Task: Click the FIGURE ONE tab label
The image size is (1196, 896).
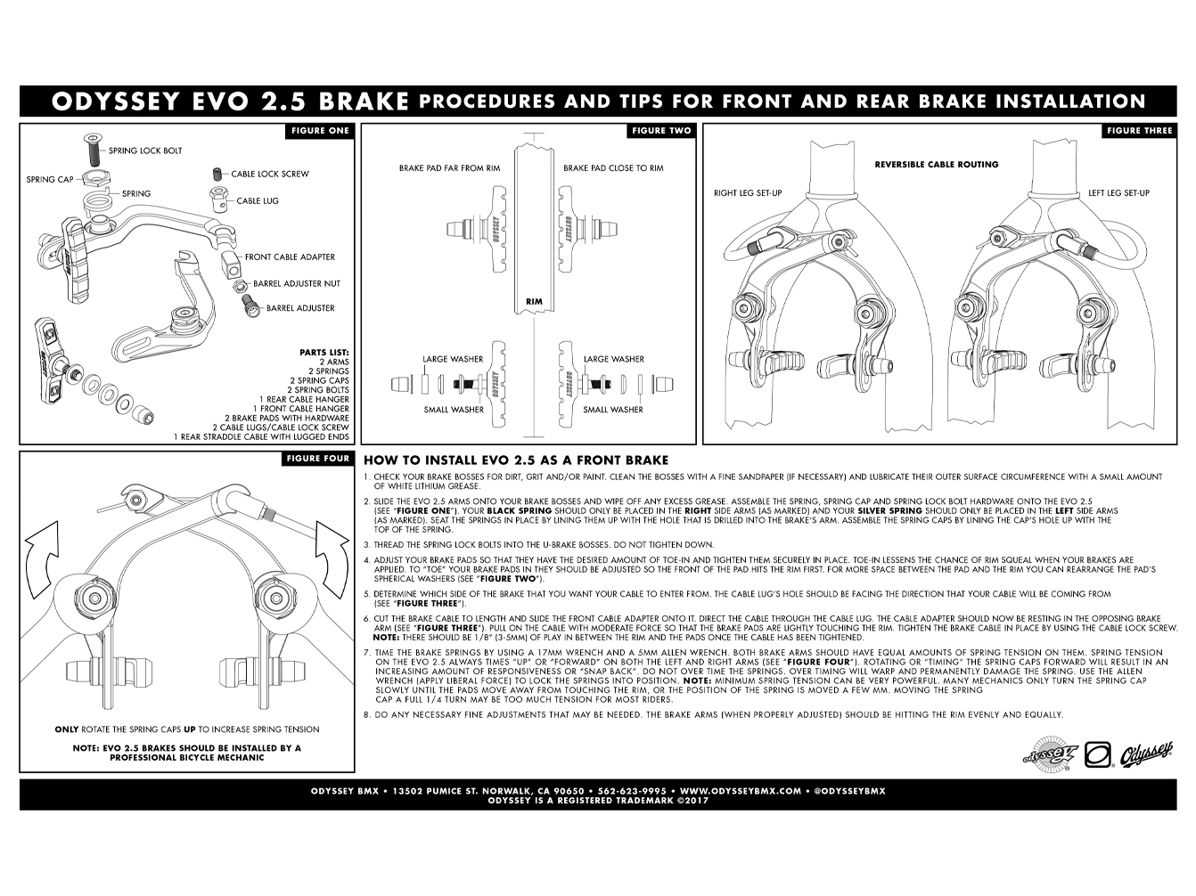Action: pyautogui.click(x=320, y=131)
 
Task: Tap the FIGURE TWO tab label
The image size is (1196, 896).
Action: pyautogui.click(x=661, y=131)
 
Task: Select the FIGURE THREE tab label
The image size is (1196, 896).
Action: pyautogui.click(x=1139, y=131)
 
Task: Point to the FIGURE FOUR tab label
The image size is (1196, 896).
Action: pyautogui.click(x=318, y=459)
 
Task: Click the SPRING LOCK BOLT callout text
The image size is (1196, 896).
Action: pyautogui.click(x=145, y=151)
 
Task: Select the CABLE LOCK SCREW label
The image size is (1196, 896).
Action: pyautogui.click(x=270, y=174)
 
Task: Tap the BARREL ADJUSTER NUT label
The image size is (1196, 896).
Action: pyautogui.click(x=297, y=283)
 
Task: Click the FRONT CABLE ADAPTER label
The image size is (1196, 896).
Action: pyautogui.click(x=290, y=257)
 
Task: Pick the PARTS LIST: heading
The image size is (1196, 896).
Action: pyautogui.click(x=324, y=352)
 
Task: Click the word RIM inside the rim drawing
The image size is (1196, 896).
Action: pyautogui.click(x=534, y=302)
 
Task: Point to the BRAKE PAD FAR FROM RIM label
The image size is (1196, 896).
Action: pyautogui.click(x=449, y=167)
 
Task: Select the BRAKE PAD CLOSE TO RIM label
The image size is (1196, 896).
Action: pyautogui.click(x=613, y=167)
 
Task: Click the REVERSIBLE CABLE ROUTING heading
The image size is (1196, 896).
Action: pyautogui.click(x=936, y=164)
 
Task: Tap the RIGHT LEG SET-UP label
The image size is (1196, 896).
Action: pyautogui.click(x=748, y=192)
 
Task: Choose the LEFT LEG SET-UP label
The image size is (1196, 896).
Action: pyautogui.click(x=1118, y=192)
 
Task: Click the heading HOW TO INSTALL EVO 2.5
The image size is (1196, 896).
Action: pyautogui.click(x=515, y=460)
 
